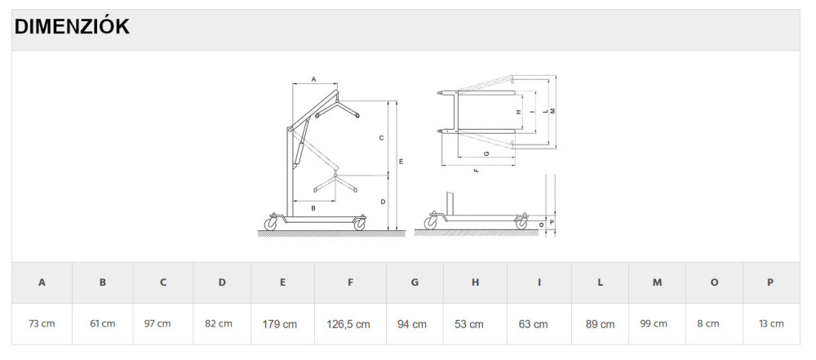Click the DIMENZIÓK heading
pos(72,27)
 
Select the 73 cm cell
pos(42,323)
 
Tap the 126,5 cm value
pos(348,324)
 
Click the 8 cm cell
pos(708,323)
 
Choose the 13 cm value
pos(771,323)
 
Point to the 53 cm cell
pos(469,323)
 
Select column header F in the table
pos(350,282)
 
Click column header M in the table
pos(657,282)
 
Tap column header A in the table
pos(42,282)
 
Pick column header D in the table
pos(222,282)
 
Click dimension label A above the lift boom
pos(314,79)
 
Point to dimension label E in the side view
pos(401,162)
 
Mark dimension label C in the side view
pos(381,138)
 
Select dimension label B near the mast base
pos(313,208)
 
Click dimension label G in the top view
pos(486,153)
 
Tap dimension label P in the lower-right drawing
pos(552,221)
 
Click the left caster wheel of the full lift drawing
pos(271,224)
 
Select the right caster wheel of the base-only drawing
pos(521,224)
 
